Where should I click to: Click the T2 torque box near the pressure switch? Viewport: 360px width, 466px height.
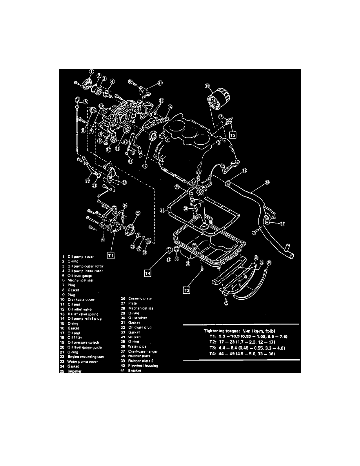pos(233,135)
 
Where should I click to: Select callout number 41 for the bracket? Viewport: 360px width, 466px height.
pos(160,83)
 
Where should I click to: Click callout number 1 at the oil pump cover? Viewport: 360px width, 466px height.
pos(91,71)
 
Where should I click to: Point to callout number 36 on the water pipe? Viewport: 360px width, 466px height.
pos(267,182)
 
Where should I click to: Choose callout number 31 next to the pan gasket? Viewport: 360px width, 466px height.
pos(162,211)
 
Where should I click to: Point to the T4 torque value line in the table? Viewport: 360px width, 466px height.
pos(241,354)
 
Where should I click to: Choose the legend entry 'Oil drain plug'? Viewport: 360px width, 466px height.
pos(140,327)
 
